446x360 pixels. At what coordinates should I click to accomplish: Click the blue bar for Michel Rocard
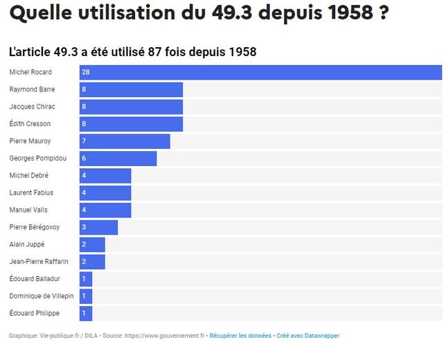click(260, 72)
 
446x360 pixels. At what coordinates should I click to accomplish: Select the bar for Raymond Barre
click(131, 89)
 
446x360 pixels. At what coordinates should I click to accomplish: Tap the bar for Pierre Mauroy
click(125, 141)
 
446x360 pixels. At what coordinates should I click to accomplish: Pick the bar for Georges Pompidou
click(118, 159)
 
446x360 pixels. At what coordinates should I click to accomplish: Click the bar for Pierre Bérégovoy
click(98, 227)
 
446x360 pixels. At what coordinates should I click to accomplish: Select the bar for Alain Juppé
click(92, 244)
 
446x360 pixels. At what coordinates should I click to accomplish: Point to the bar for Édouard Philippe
click(86, 314)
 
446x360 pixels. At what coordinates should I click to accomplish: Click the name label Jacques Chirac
click(32, 107)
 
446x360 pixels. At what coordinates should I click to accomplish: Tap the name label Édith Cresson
click(30, 124)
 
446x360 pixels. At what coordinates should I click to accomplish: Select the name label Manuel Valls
click(28, 210)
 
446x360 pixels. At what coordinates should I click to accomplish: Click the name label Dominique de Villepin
click(41, 296)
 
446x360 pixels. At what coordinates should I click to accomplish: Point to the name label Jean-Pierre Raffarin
click(39, 262)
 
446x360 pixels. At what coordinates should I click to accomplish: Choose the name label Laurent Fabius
click(31, 192)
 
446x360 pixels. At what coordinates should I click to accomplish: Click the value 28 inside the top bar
click(86, 72)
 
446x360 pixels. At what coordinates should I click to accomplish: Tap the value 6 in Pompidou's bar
click(84, 159)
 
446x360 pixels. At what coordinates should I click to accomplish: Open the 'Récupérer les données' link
click(240, 336)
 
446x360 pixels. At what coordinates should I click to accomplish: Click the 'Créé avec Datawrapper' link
click(308, 336)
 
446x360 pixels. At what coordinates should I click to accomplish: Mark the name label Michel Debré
click(29, 176)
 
